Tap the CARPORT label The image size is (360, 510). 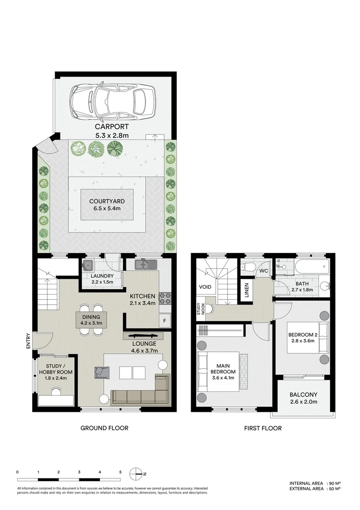click(x=112, y=127)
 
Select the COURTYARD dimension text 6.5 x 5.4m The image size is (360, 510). click(x=107, y=208)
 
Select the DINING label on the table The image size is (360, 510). click(x=91, y=317)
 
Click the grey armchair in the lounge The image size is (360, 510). click(x=102, y=372)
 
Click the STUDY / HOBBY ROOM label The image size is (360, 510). click(x=56, y=369)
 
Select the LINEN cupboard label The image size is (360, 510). click(x=247, y=290)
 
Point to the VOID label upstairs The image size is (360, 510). click(x=205, y=287)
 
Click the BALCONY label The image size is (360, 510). click(x=303, y=394)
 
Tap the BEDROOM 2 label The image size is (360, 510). click(x=303, y=335)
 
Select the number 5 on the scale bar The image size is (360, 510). click(x=120, y=472)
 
